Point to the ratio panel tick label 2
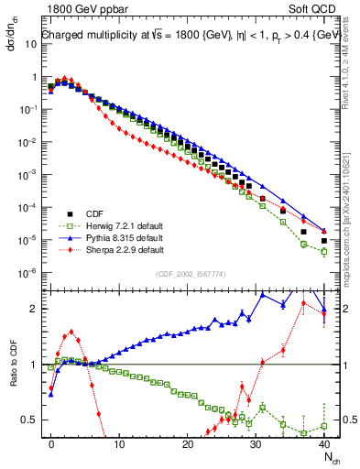pos(33,309)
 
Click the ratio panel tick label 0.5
pos(29,420)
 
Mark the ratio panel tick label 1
pos(33,365)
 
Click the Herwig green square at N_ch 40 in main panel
pos(323,251)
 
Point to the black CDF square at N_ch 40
pos(323,241)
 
